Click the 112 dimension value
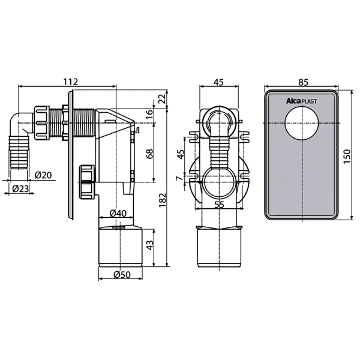click(71, 82)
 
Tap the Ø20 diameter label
click(43, 175)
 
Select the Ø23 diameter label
click(20, 189)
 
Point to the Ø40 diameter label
click(118, 213)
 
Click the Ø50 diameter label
click(122, 274)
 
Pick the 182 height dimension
click(163, 200)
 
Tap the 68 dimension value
click(149, 154)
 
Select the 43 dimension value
click(149, 245)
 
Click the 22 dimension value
click(162, 99)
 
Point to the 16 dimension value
click(149, 113)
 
